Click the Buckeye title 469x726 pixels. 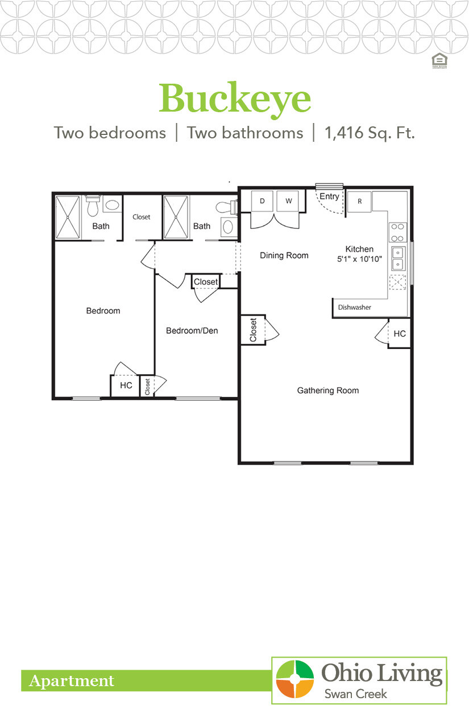point(235,99)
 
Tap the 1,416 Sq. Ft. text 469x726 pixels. point(370,133)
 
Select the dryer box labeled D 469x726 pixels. point(262,201)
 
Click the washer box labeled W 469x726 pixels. point(288,201)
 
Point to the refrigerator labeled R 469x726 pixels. point(360,201)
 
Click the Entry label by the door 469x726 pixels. point(329,196)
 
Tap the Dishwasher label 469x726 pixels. point(354,307)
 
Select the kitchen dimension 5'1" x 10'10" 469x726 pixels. point(360,259)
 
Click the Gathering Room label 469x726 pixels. point(328,391)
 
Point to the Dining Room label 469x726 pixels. point(284,256)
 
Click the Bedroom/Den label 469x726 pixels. point(192,331)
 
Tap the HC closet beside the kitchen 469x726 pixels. point(400,334)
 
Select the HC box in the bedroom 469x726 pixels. point(126,385)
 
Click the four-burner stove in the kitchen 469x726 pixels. point(397,232)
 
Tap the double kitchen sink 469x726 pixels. point(397,259)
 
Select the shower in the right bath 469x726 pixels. point(176,218)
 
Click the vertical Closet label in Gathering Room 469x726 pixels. point(253,330)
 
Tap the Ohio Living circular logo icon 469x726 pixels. point(295,679)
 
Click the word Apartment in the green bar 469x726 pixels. point(72,681)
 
